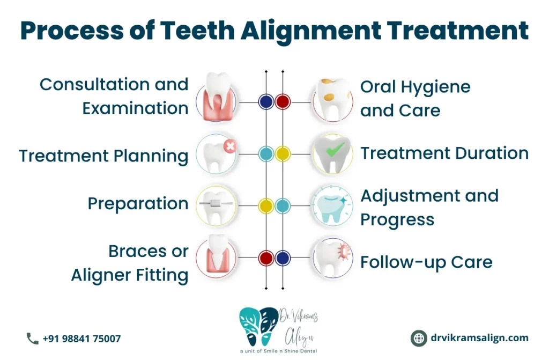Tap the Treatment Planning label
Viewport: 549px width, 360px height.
point(103,156)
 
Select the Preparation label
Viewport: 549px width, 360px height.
point(138,204)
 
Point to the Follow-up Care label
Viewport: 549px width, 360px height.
point(426,262)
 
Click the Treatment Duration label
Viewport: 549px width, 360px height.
point(444,153)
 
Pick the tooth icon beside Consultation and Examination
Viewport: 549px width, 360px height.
point(217,99)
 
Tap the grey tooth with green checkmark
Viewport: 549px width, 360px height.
point(332,154)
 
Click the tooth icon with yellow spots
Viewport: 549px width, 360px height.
point(332,100)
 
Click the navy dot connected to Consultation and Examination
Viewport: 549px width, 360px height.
point(266,101)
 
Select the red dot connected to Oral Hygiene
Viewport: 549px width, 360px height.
point(283,101)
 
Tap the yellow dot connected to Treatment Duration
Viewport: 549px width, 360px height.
point(283,154)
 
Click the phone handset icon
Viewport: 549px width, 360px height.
point(32,339)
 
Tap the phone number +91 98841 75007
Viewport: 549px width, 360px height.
point(81,339)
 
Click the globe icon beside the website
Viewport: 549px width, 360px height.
point(418,339)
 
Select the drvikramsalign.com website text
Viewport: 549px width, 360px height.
point(479,338)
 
